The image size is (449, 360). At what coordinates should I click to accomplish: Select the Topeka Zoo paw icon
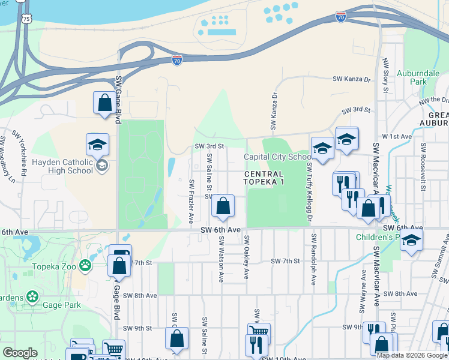click(86, 263)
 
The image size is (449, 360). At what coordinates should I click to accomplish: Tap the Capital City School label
click(277, 157)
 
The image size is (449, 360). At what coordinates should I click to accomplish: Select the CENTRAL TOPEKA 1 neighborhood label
click(271, 178)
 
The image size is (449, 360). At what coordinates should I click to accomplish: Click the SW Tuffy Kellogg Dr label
click(310, 191)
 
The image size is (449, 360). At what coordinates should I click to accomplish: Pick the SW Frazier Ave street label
click(191, 198)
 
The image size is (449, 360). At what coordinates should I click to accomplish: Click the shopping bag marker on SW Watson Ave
click(223, 206)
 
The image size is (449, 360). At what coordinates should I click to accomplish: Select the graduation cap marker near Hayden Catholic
click(97, 145)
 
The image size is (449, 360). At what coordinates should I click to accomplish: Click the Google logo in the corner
click(20, 353)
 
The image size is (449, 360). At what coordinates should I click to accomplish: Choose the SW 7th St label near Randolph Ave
click(285, 261)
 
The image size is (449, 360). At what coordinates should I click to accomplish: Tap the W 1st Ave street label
click(399, 136)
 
